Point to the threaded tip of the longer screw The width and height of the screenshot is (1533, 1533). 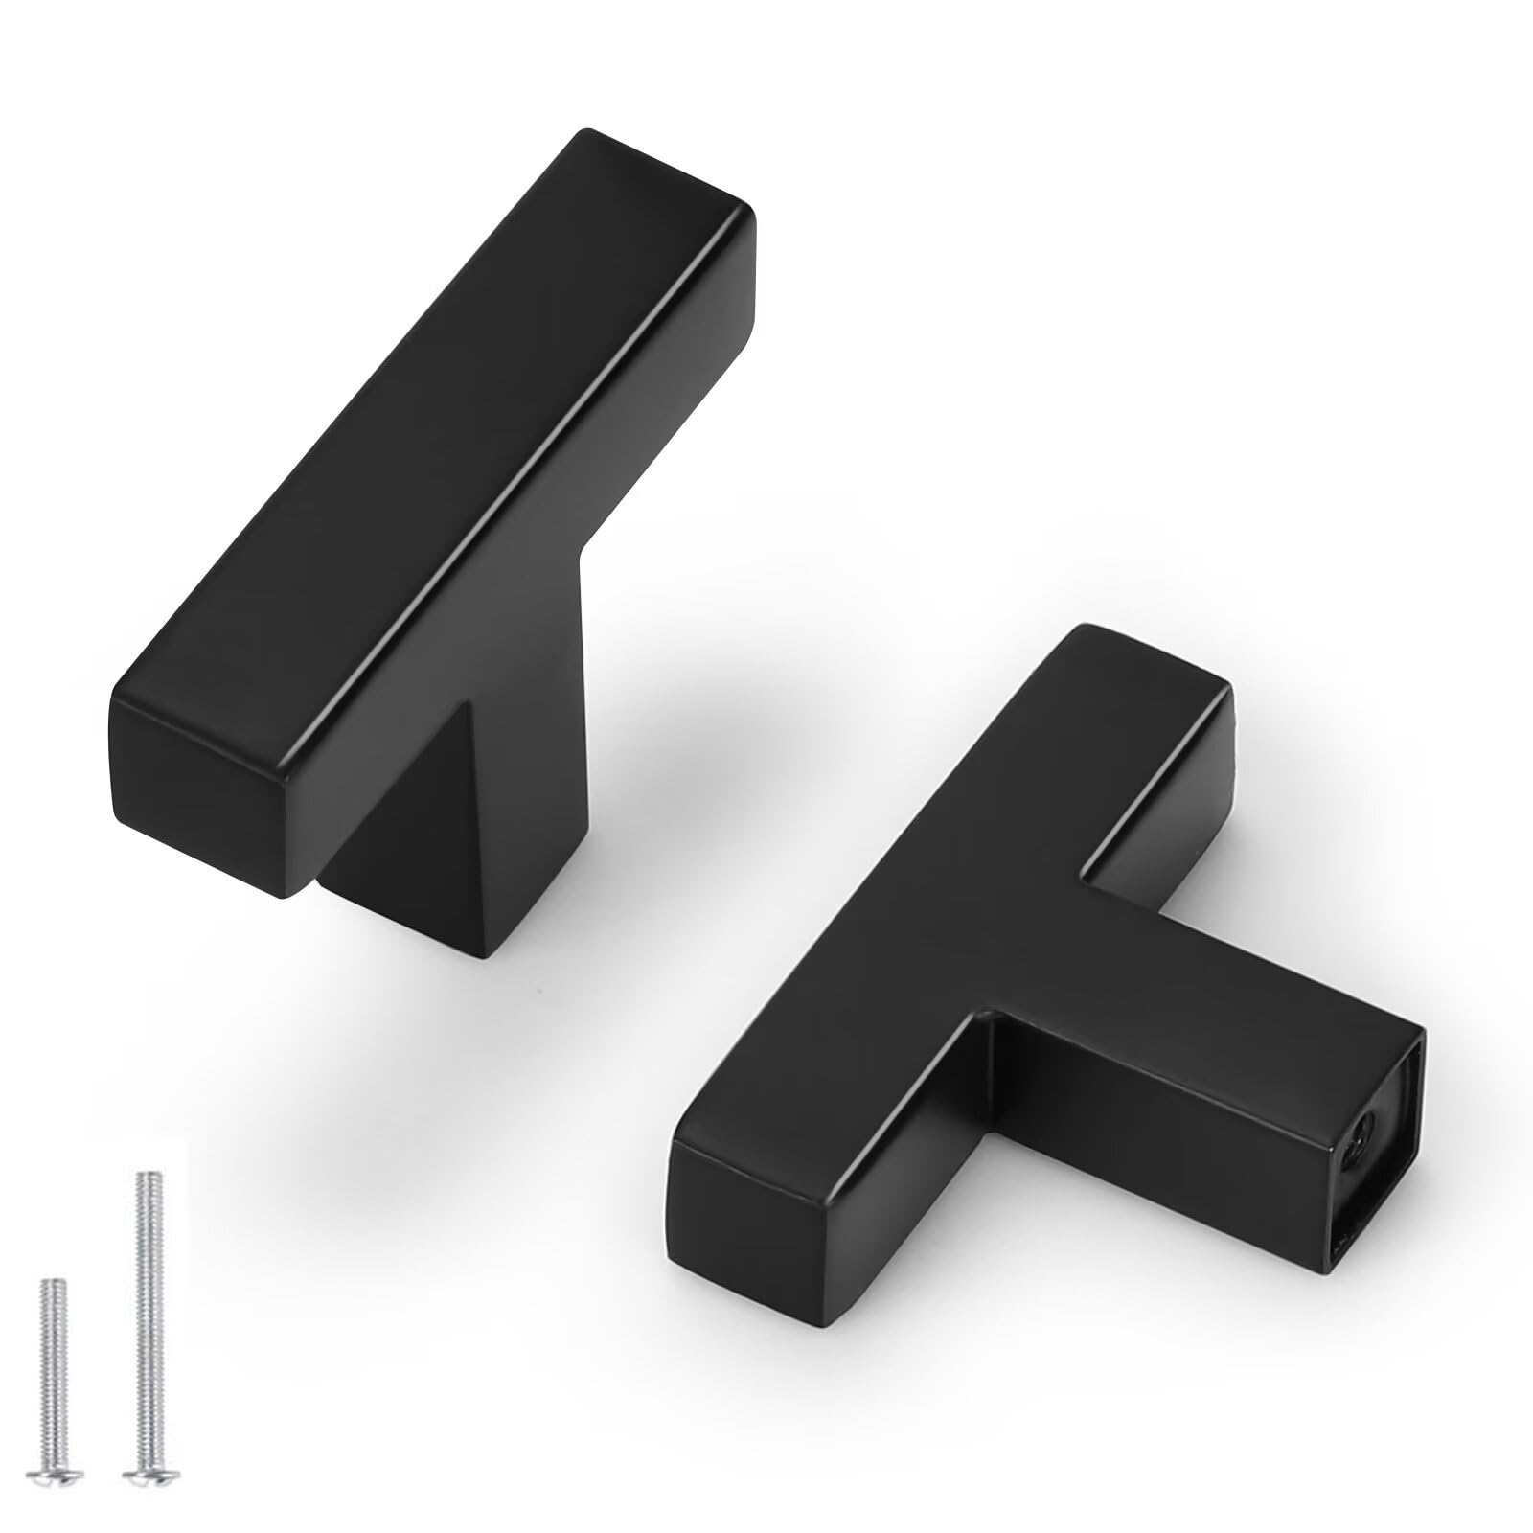tap(145, 1179)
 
